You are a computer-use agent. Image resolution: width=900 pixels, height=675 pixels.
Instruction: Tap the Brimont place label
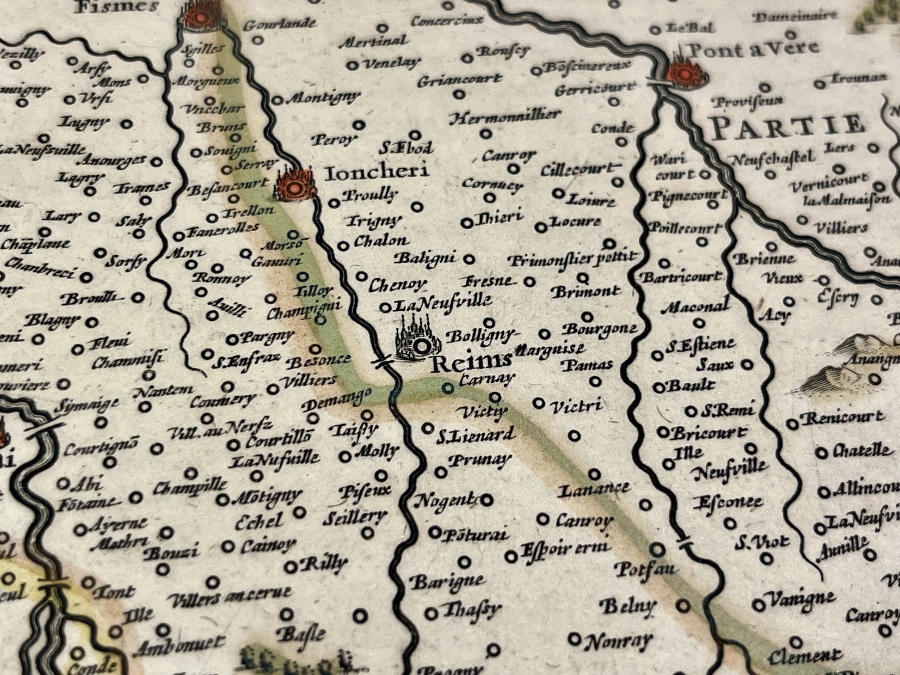point(586,292)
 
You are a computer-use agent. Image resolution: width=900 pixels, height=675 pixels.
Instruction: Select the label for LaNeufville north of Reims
point(442,303)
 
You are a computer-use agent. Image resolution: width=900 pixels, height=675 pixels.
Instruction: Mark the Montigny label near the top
point(323,98)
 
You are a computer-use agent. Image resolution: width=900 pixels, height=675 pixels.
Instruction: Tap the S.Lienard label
point(475,435)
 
